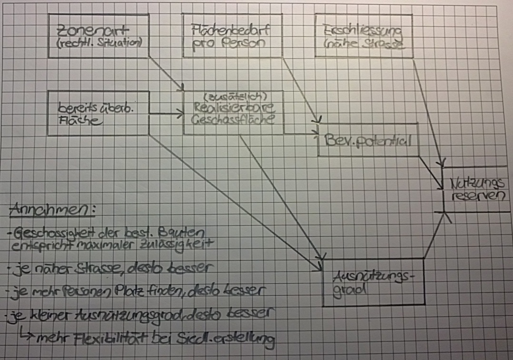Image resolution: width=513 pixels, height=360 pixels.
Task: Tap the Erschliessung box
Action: [x=364, y=35]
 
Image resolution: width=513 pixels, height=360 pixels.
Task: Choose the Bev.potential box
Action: [x=368, y=140]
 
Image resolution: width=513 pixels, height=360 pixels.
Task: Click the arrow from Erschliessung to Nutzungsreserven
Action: [x=428, y=112]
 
